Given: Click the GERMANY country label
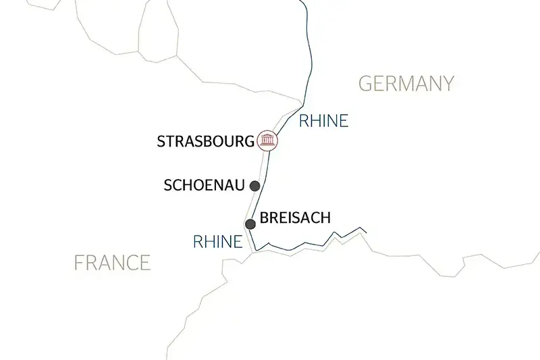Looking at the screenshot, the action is pos(406,84).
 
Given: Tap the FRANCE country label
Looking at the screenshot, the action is pos(112,262).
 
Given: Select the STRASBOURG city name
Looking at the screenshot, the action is pos(206,142).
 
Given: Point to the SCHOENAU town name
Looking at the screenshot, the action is pos(205,186).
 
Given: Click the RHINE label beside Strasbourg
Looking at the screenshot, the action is pos(323,122).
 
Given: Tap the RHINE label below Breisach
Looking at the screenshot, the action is pos(217,241).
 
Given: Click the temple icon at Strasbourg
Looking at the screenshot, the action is pos(268,141).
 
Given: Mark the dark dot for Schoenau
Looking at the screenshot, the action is pos(255,186).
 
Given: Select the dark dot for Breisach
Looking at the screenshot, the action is pos(250,224).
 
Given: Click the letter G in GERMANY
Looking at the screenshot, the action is pos(364,84).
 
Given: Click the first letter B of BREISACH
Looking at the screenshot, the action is pos(265,220).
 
